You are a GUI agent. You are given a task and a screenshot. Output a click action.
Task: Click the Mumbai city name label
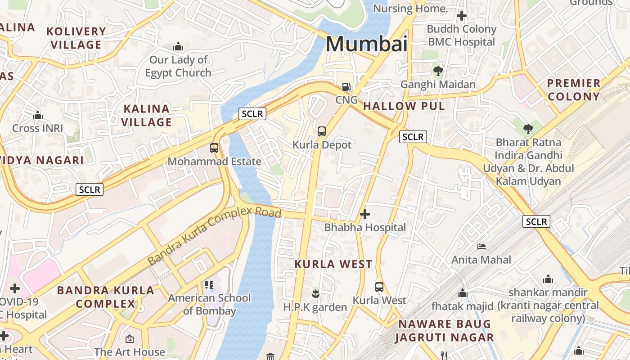[x=366, y=44]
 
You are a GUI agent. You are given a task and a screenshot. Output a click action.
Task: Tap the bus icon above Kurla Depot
[x=321, y=131]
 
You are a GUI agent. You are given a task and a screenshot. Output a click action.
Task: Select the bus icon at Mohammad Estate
[x=214, y=148]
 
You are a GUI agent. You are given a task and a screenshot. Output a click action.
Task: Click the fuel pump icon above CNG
[x=346, y=86]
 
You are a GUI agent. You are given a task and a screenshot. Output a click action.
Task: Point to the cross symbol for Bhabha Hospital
[x=365, y=214]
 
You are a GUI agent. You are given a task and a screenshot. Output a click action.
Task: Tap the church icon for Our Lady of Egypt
[x=178, y=46]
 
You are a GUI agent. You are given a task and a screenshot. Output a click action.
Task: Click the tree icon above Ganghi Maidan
[x=438, y=71]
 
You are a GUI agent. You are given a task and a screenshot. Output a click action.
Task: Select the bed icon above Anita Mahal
[x=481, y=247]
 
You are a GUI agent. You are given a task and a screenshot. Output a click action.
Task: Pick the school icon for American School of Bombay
[x=209, y=284]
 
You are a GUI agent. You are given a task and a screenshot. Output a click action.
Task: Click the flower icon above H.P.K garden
[x=315, y=294]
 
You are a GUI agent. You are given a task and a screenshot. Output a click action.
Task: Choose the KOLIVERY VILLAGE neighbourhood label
[x=76, y=38]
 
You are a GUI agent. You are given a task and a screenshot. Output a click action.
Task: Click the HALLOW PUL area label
[x=404, y=106]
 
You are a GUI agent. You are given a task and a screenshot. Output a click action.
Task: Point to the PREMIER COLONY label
[x=574, y=90]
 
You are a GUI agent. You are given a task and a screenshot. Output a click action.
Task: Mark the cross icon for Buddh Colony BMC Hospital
[x=461, y=16]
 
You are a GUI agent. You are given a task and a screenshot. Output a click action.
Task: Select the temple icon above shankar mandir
[x=548, y=279]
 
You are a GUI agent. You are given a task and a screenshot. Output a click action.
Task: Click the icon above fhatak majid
[x=463, y=293]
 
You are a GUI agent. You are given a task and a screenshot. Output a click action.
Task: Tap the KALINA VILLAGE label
[x=146, y=115]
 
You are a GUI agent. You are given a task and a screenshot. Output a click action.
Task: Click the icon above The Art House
[x=130, y=338]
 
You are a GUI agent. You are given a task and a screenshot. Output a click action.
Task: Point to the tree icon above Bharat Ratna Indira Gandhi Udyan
[x=528, y=130]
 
